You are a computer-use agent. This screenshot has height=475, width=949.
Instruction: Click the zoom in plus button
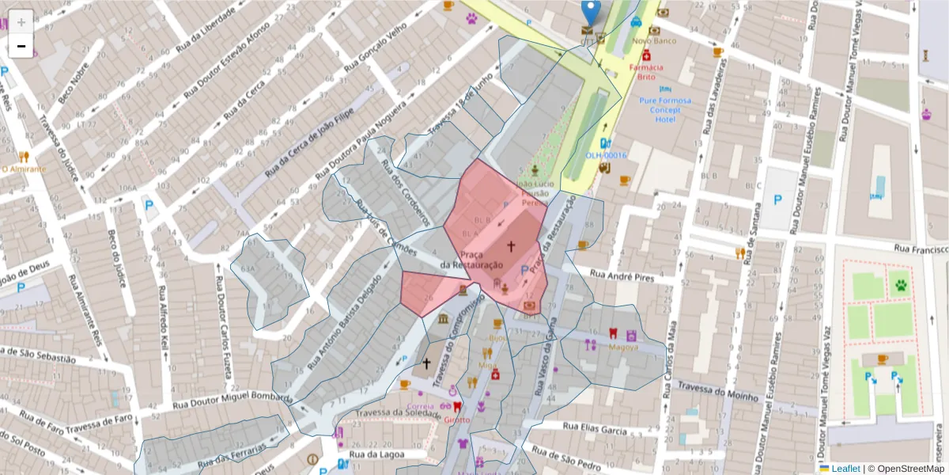point(21,21)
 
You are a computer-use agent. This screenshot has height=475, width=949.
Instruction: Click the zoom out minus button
point(21,46)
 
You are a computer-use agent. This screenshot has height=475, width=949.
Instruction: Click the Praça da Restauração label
point(472,259)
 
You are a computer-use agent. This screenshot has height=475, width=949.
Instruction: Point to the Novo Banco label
point(653,40)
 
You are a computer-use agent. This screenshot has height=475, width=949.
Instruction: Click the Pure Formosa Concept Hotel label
point(665,109)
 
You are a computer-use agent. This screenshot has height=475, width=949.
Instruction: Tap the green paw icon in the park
point(900,283)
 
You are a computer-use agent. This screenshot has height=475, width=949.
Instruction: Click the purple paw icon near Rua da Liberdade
point(472,17)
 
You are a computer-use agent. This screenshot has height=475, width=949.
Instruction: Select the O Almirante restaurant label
point(24,169)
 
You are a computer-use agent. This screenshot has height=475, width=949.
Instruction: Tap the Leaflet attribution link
point(845,469)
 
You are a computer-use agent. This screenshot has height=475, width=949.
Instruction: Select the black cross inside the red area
point(511,246)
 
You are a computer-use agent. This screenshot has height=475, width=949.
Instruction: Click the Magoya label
point(623,347)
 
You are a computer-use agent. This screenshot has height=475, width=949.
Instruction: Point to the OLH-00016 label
point(606,155)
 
